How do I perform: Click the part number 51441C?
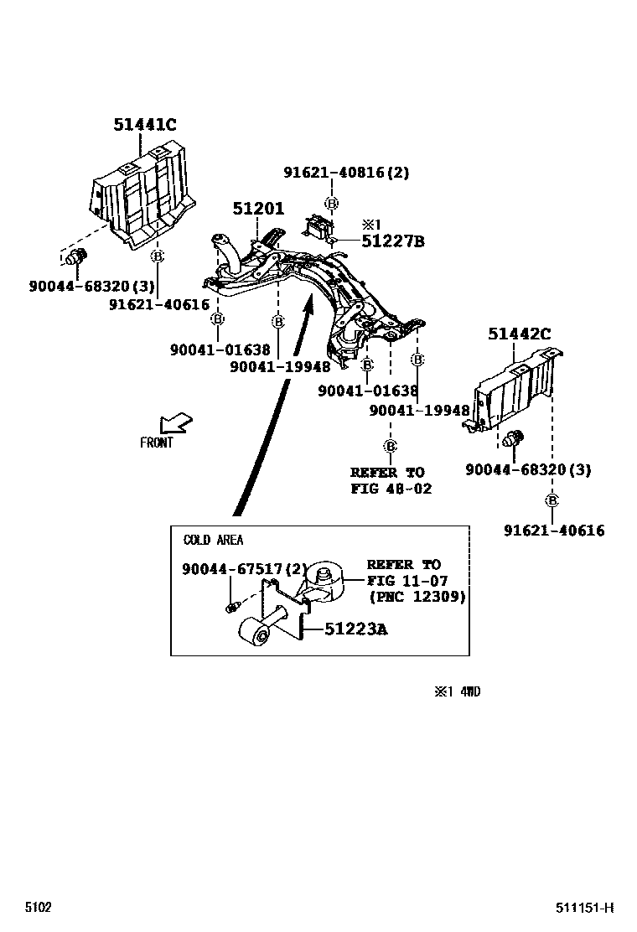pyautogui.click(x=145, y=126)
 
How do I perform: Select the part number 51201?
pyautogui.click(x=258, y=210)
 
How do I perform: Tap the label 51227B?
pyautogui.click(x=392, y=242)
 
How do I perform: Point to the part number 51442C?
pyautogui.click(x=520, y=334)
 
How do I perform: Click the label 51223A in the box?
pyautogui.click(x=356, y=629)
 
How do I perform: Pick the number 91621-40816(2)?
pyautogui.click(x=346, y=173)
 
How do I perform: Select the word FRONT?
pyautogui.click(x=157, y=443)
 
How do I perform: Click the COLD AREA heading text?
pyautogui.click(x=213, y=541)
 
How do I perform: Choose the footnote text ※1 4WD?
pyautogui.click(x=457, y=691)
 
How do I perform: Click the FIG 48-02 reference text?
pyautogui.click(x=391, y=489)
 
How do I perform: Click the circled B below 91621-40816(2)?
pyautogui.click(x=332, y=203)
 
